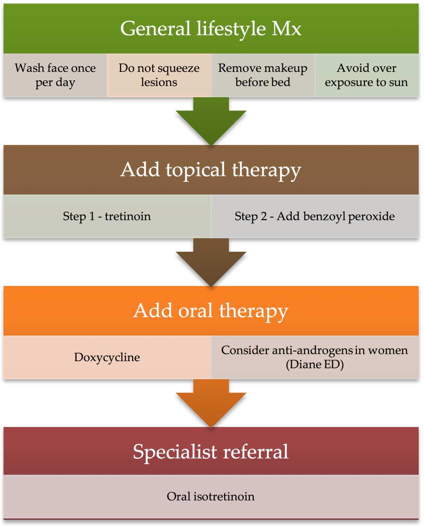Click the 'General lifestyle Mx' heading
coord(211,29)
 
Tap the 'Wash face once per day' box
coord(55,75)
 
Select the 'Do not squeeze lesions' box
coord(159,75)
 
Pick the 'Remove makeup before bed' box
coord(263,75)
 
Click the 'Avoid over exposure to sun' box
coord(366,75)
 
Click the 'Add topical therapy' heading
coord(211,170)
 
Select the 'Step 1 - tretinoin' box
coord(107,216)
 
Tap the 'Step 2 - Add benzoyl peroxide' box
coord(315,216)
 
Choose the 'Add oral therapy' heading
coord(211,310)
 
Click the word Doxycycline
coord(107,357)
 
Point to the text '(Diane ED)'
coord(315,364)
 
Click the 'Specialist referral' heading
coord(211,451)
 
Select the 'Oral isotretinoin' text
coord(211,496)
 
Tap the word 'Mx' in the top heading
coord(286,29)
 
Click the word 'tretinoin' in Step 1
coord(128,216)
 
